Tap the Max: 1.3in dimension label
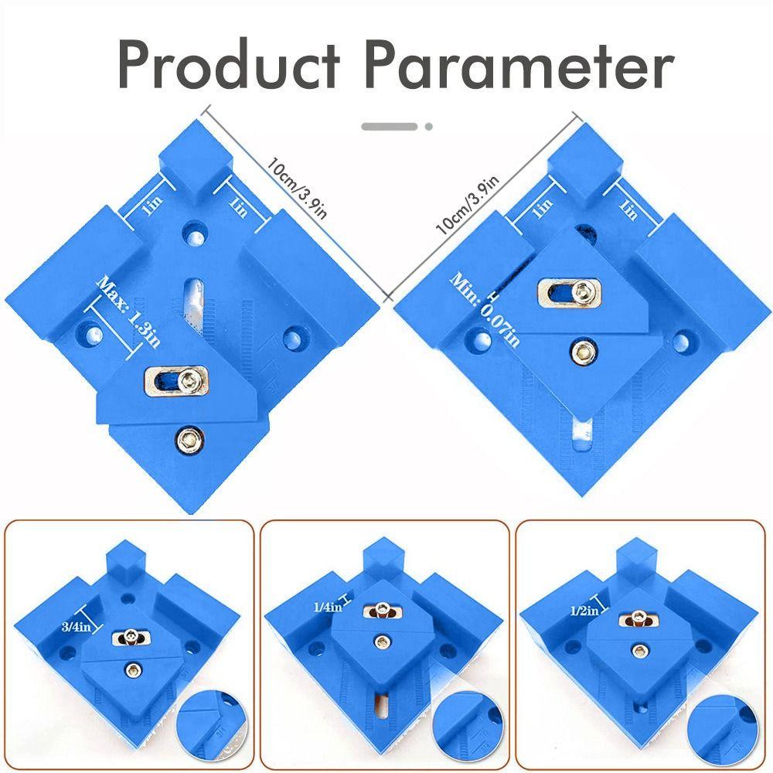(x=128, y=311)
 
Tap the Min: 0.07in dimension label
(x=484, y=310)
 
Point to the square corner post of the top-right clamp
(x=585, y=162)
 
